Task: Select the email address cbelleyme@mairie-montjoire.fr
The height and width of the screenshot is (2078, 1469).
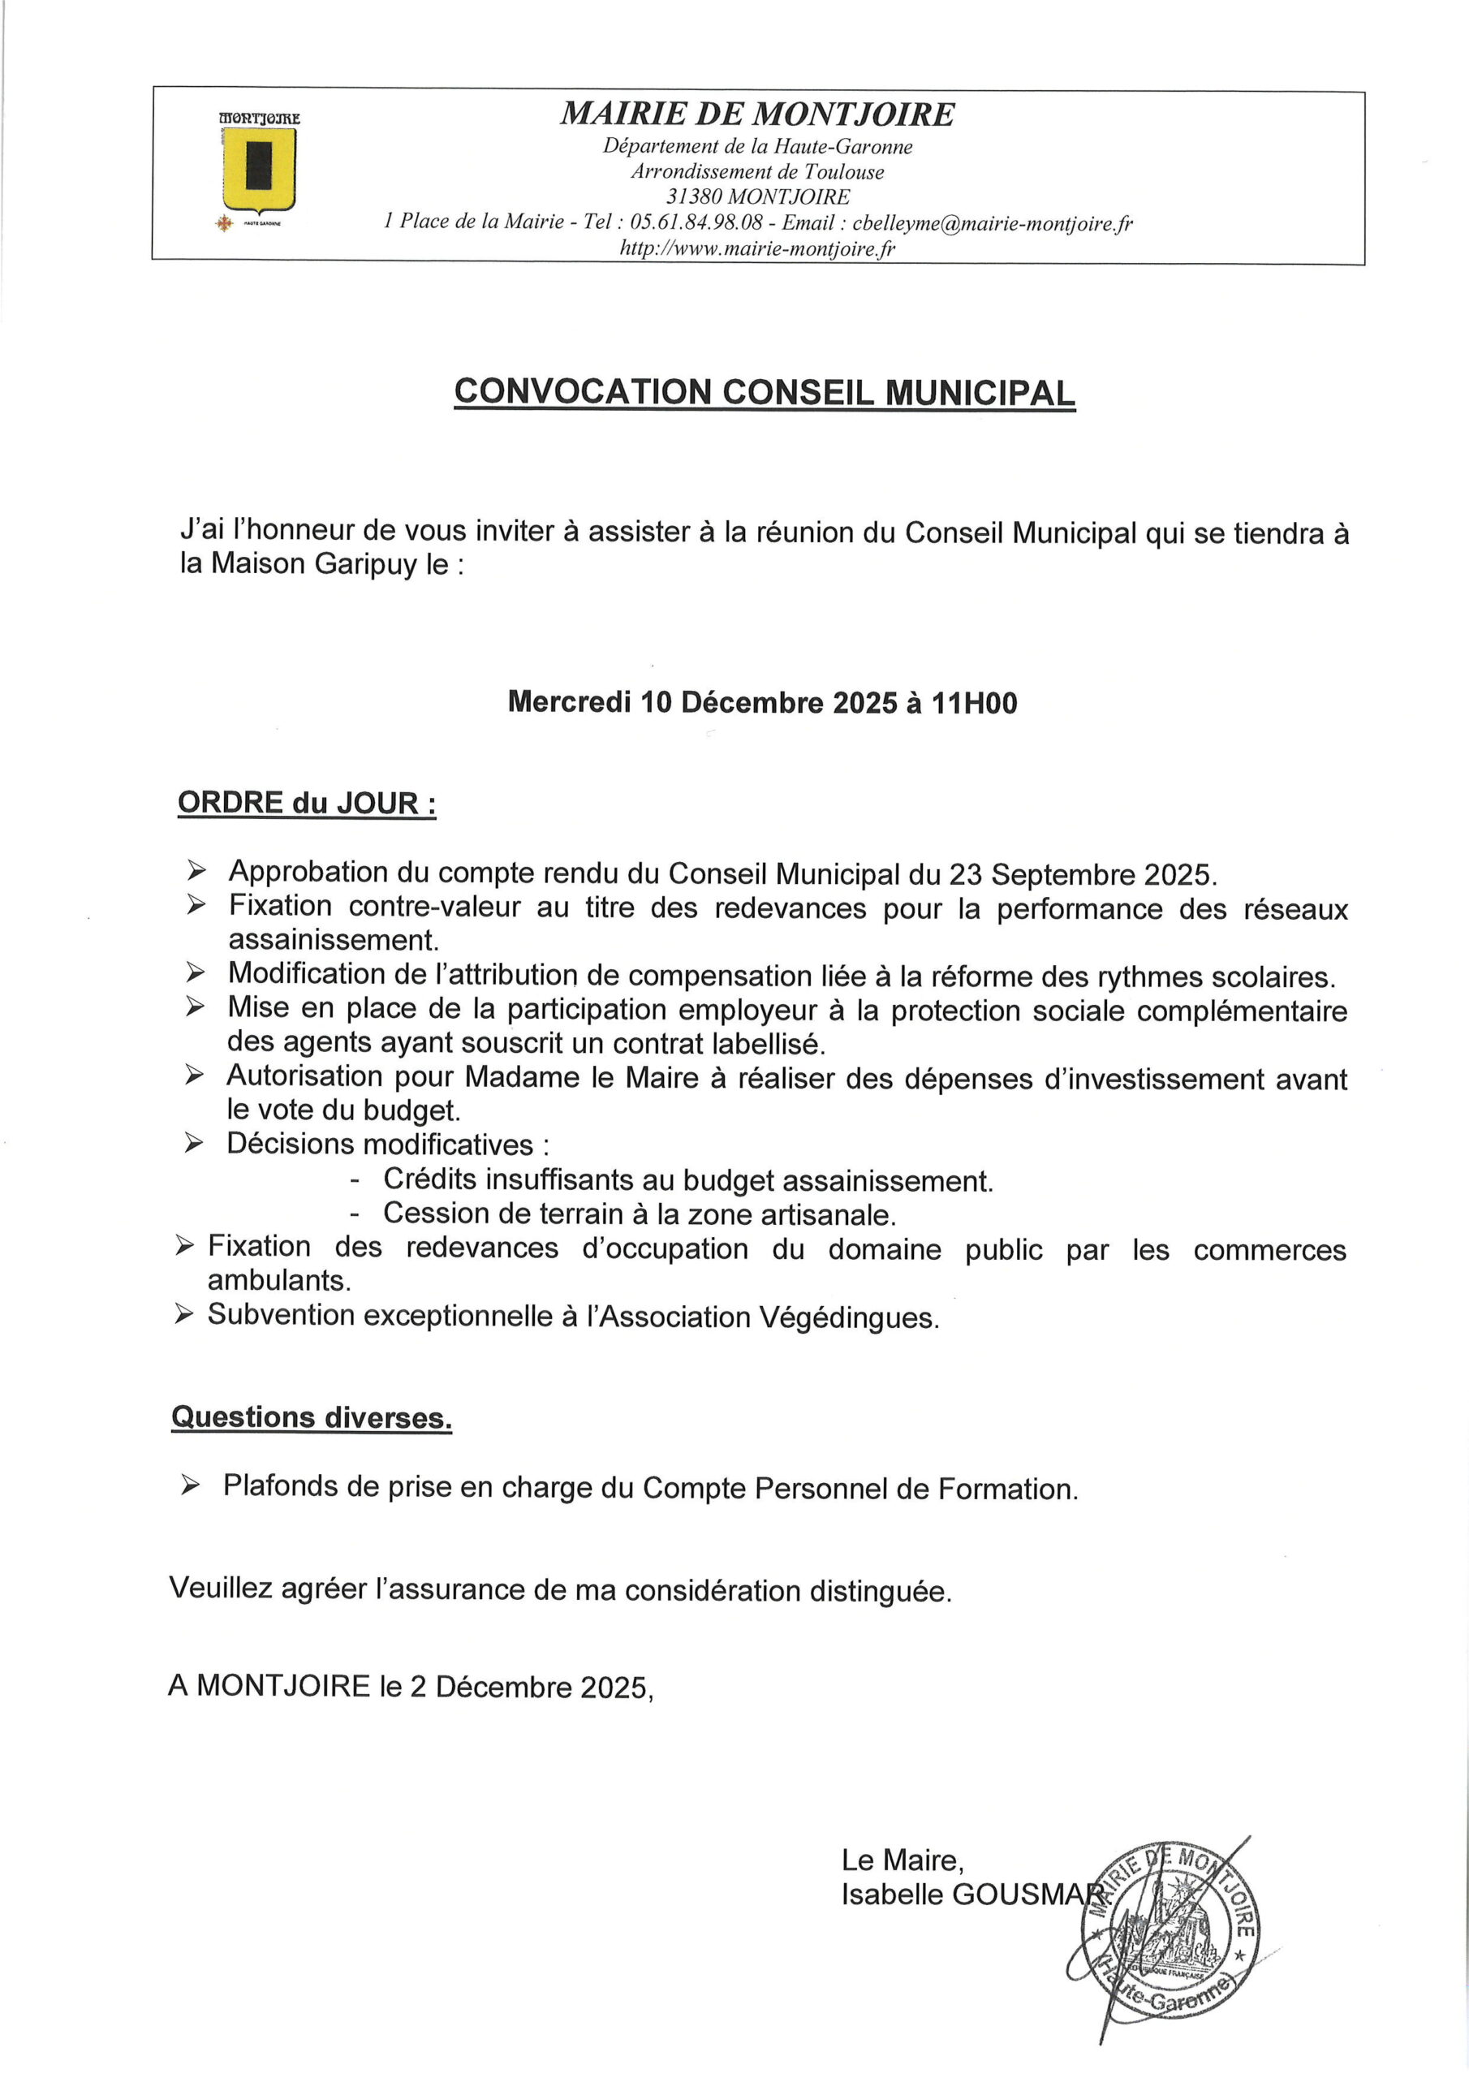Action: click(992, 223)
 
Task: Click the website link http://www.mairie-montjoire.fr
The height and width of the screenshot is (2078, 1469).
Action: click(756, 248)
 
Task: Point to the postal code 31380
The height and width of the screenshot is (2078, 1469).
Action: click(693, 197)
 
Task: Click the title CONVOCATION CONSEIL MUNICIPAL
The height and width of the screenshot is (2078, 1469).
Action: click(765, 392)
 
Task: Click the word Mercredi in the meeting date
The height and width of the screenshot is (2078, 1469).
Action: click(569, 702)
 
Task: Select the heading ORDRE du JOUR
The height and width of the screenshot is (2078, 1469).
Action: click(306, 803)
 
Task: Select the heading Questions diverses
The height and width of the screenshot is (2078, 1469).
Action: click(312, 1417)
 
